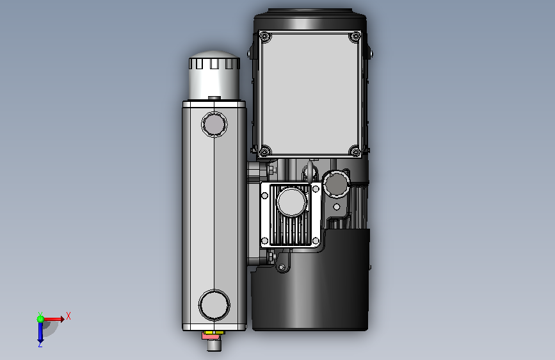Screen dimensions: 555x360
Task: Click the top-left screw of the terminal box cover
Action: (x=265, y=37)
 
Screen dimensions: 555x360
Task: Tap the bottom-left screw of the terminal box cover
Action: (x=264, y=152)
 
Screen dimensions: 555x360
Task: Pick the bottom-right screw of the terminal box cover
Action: (x=355, y=152)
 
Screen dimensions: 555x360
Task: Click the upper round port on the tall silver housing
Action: (x=214, y=124)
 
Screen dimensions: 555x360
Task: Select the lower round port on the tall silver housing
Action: (x=214, y=305)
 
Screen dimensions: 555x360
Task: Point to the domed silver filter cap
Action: (x=214, y=75)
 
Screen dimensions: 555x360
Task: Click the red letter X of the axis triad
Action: (x=68, y=316)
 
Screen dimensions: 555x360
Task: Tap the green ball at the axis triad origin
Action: (x=40, y=319)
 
